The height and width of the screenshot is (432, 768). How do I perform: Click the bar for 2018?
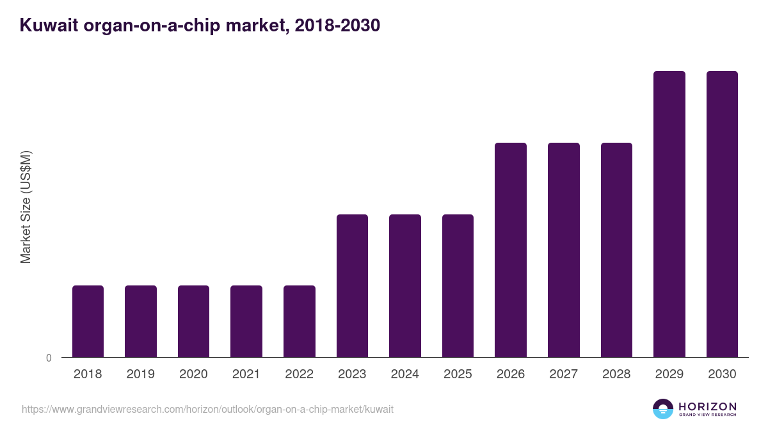pos(88,321)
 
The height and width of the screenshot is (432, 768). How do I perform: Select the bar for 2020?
pos(193,321)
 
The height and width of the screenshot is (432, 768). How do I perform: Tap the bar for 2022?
pos(300,321)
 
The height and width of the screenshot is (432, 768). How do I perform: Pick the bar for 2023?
pos(352,285)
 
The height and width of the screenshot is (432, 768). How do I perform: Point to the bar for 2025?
pos(458,285)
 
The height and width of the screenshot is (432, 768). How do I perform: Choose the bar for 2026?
pos(511,250)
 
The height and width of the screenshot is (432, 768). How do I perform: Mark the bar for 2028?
pos(616,250)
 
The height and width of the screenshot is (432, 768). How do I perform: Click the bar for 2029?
pos(669,214)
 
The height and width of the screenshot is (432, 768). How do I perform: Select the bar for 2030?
pos(722,214)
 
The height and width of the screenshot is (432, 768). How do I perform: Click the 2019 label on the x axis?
pos(140,374)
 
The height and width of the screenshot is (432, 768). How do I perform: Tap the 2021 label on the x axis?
pos(246,374)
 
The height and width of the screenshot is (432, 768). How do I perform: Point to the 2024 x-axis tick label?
pos(404,374)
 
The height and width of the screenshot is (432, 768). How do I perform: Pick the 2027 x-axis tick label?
pos(563,374)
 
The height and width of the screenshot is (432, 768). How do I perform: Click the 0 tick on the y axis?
pos(49,358)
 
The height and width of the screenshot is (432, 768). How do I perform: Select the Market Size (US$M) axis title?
pos(26,207)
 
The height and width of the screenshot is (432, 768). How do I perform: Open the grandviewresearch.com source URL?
pos(207,409)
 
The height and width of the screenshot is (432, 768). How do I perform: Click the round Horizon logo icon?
pos(663,409)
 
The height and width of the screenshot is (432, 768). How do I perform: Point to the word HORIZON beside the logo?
pos(707,406)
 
